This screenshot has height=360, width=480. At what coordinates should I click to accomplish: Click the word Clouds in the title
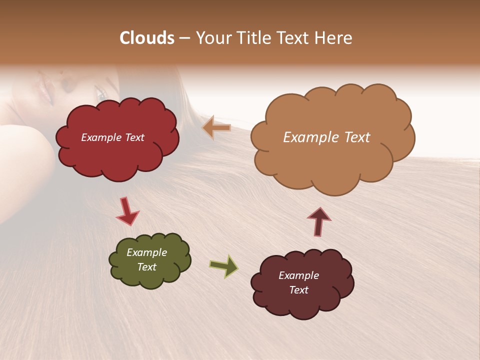(x=146, y=38)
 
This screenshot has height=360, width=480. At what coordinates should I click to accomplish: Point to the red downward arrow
(x=127, y=211)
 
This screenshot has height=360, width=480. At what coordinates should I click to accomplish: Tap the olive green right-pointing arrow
(x=224, y=265)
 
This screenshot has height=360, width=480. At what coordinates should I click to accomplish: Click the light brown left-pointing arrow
(x=216, y=128)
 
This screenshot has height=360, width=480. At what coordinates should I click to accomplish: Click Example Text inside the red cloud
(x=112, y=137)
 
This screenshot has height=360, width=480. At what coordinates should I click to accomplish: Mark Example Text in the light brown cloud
(x=326, y=137)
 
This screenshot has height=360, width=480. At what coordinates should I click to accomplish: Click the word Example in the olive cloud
(x=146, y=252)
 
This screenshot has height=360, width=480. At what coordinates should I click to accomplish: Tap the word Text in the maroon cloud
(x=298, y=290)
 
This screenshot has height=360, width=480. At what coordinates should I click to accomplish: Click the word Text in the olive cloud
(x=146, y=267)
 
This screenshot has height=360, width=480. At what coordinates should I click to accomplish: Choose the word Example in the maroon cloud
(x=298, y=275)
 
